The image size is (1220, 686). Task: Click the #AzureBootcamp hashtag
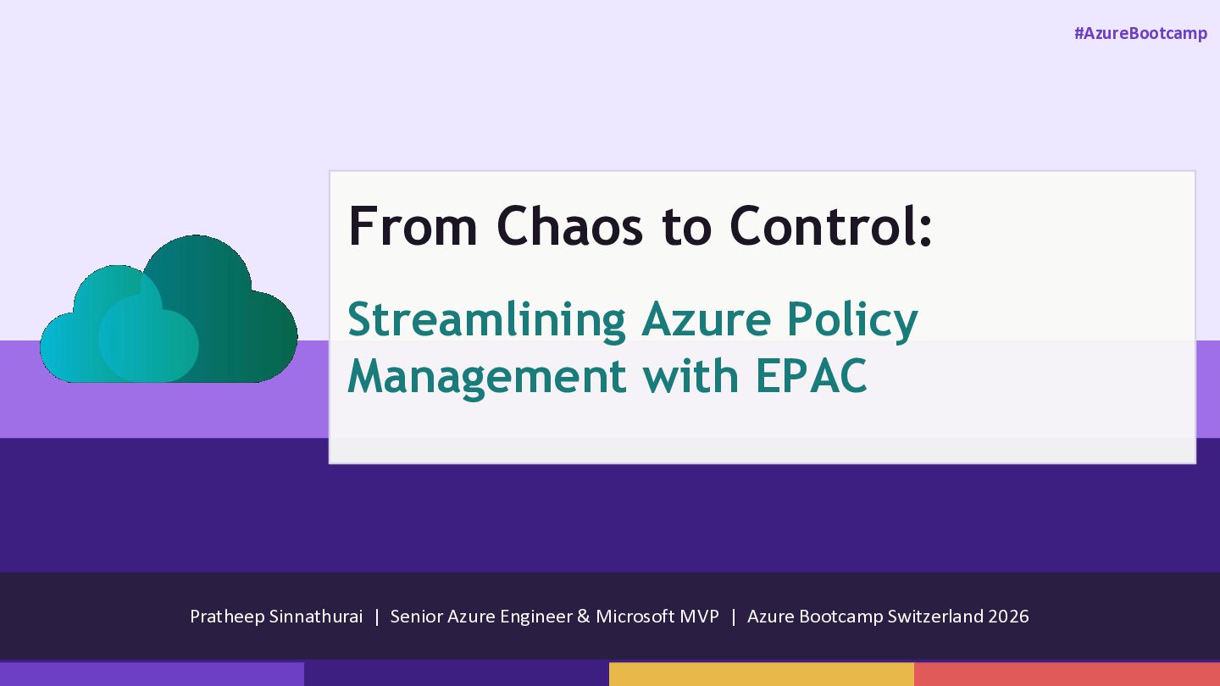pyautogui.click(x=1140, y=34)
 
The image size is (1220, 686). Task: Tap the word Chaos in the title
pyautogui.click(x=569, y=225)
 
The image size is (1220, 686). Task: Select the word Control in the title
pyautogui.click(x=823, y=225)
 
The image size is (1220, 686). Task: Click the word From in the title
pyautogui.click(x=413, y=225)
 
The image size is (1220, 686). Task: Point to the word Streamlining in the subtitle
pyautogui.click(x=486, y=321)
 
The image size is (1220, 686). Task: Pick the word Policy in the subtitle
pyautogui.click(x=852, y=321)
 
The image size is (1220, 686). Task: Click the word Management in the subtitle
pyautogui.click(x=487, y=378)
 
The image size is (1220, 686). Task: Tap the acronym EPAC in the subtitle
pyautogui.click(x=811, y=376)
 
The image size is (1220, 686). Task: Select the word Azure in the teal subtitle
pyautogui.click(x=706, y=320)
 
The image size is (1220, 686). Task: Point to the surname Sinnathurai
pyautogui.click(x=316, y=617)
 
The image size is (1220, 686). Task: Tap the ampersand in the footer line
pyautogui.click(x=583, y=617)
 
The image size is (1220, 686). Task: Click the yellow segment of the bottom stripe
pyautogui.click(x=762, y=674)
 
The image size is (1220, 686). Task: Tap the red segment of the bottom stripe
pyautogui.click(x=1067, y=674)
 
